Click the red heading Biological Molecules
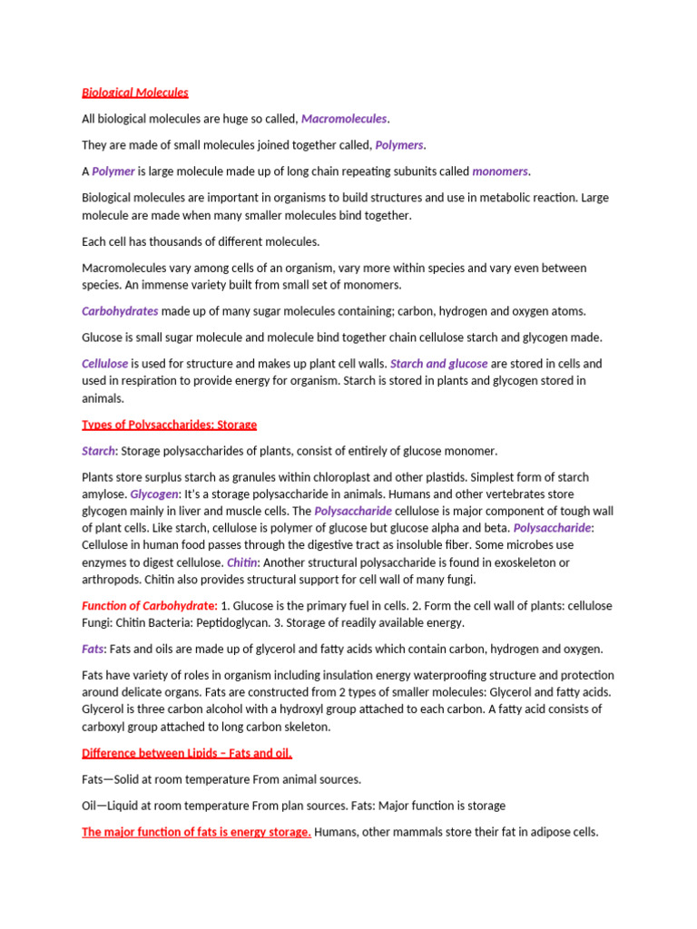click(x=135, y=93)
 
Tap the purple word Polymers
click(x=399, y=145)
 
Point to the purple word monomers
click(x=500, y=171)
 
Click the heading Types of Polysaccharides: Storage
click(x=170, y=425)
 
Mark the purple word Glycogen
click(x=153, y=494)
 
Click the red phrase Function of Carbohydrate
click(x=149, y=605)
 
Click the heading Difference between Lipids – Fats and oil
click(x=187, y=753)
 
